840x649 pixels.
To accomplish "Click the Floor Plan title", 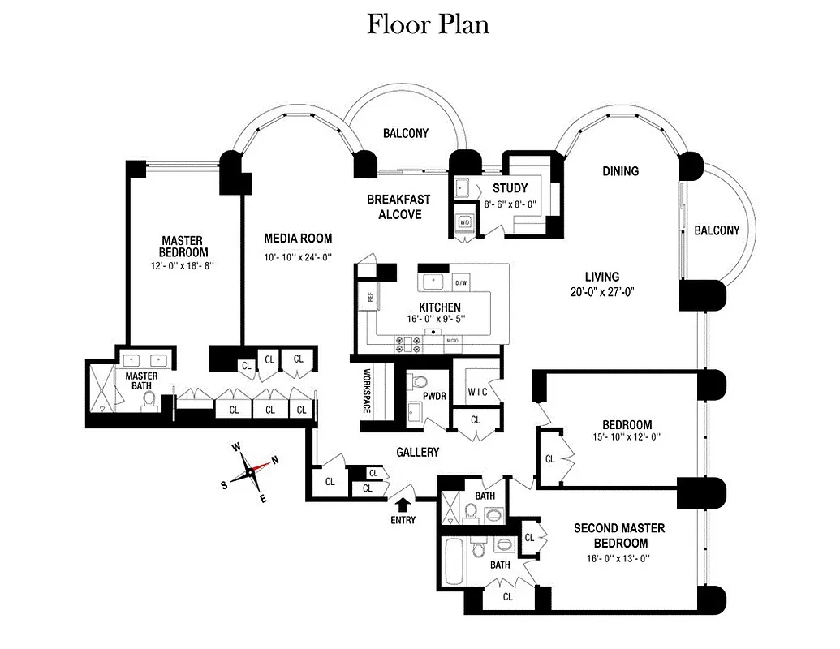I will pos(428,24).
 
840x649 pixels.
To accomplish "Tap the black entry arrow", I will pos(402,505).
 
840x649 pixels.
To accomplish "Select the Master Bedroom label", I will pos(181,246).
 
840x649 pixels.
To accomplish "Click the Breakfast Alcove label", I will pos(398,207).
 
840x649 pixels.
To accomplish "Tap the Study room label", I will pos(510,188).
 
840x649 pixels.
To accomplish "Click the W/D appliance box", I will pos(464,221).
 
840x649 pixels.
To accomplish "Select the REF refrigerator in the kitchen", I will pos(369,297).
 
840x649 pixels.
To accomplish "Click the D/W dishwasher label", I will pos(461,282).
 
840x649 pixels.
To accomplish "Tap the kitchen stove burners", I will pos(407,344).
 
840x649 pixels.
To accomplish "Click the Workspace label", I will pos(366,392).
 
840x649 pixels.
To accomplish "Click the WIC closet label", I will pos(477,390).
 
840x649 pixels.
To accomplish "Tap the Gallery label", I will pos(417,452).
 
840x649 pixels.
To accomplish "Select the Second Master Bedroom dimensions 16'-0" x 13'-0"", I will pos(620,558).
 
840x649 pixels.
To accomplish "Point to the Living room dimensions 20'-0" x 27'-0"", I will pos(601,292).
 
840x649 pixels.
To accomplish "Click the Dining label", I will pos(620,171).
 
